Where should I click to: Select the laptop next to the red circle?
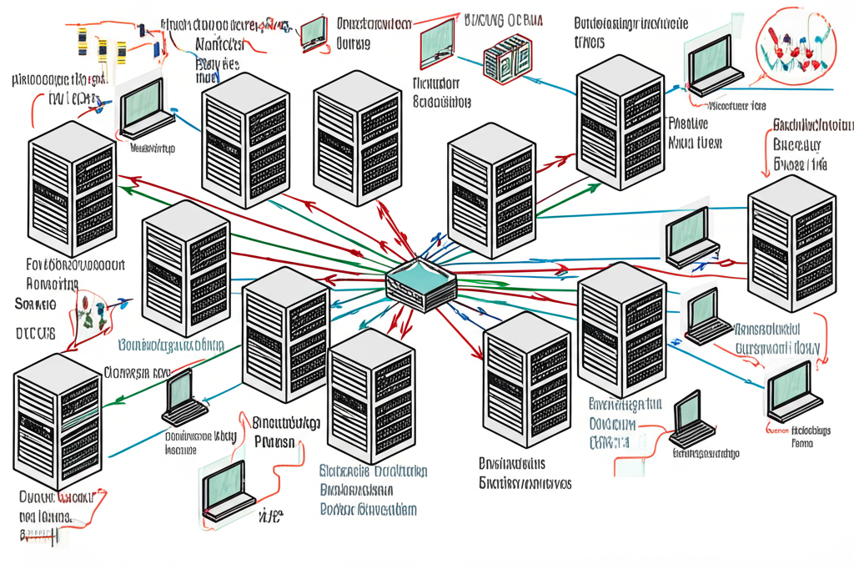pyautogui.click(x=716, y=63)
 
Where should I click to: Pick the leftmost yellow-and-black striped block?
pyautogui.click(x=82, y=40)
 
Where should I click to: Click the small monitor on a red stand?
pyautogui.click(x=314, y=30)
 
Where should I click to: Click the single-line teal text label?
pyautogui.click(x=171, y=345)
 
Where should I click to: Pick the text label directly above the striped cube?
pyautogui.click(x=498, y=18)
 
